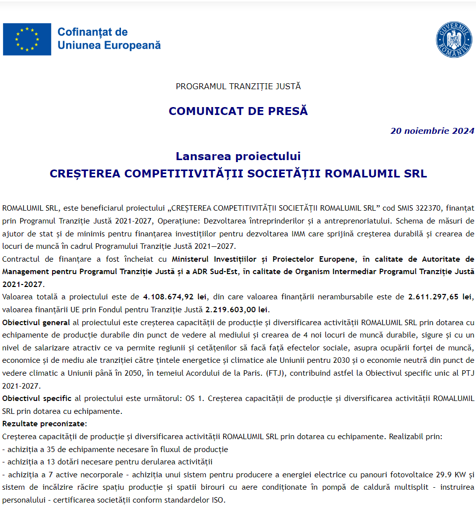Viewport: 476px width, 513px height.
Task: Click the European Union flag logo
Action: coord(27,39)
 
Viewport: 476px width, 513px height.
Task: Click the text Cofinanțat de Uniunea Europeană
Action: coord(109,39)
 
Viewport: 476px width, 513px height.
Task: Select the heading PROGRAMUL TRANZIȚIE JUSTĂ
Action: coord(238,86)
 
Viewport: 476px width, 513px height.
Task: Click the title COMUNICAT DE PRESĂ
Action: coord(238,111)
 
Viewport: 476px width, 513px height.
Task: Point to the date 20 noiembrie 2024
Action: coord(432,131)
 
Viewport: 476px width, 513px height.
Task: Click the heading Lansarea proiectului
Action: coord(238,156)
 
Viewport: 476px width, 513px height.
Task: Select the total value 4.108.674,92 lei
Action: coord(175,297)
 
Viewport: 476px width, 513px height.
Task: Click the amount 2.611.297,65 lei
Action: coord(440,297)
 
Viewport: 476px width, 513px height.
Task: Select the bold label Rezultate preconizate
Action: coord(44,424)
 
